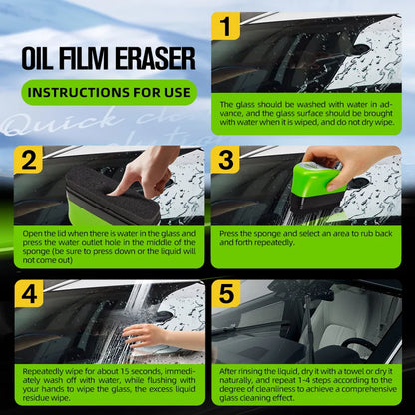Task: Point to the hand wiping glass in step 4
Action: [x=150, y=334]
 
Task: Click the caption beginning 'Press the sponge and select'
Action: [x=307, y=238]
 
